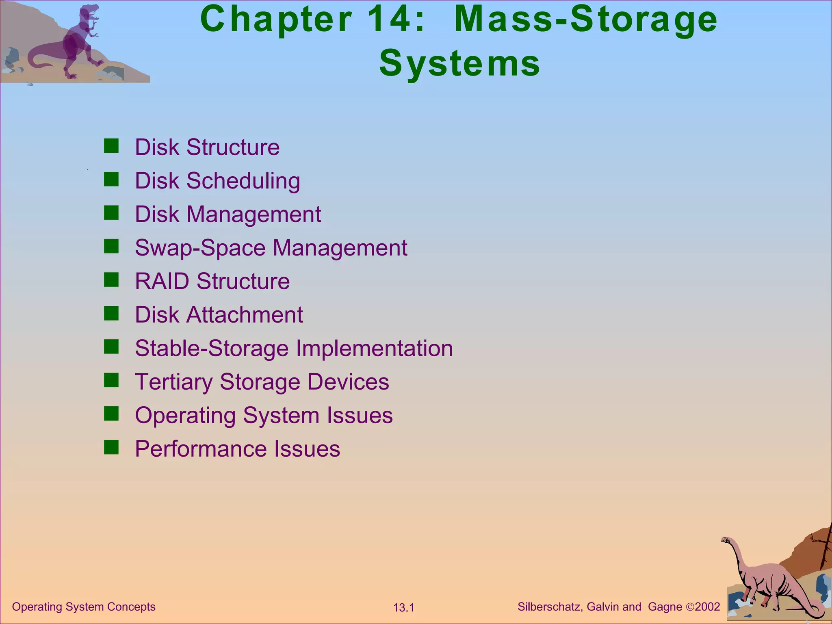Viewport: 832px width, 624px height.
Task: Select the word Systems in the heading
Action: [x=459, y=63]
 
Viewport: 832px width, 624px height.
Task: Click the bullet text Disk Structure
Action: [x=207, y=147]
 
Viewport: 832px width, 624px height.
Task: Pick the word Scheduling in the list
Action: [x=243, y=181]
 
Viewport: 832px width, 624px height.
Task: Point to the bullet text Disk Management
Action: [x=228, y=214]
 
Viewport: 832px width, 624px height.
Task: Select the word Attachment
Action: [x=245, y=315]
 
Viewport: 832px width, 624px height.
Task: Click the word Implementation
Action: [x=374, y=349]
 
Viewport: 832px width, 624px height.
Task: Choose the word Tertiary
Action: [x=173, y=382]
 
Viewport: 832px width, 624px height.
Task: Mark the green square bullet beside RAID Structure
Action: [x=111, y=280]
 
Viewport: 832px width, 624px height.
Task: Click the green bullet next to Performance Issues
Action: [x=111, y=448]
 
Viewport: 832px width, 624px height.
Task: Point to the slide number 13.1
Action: [x=403, y=608]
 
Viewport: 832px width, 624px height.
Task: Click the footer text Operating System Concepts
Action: [x=84, y=607]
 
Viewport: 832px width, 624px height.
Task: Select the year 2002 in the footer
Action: [x=707, y=607]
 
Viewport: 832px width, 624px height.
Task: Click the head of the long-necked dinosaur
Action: [x=726, y=540]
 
